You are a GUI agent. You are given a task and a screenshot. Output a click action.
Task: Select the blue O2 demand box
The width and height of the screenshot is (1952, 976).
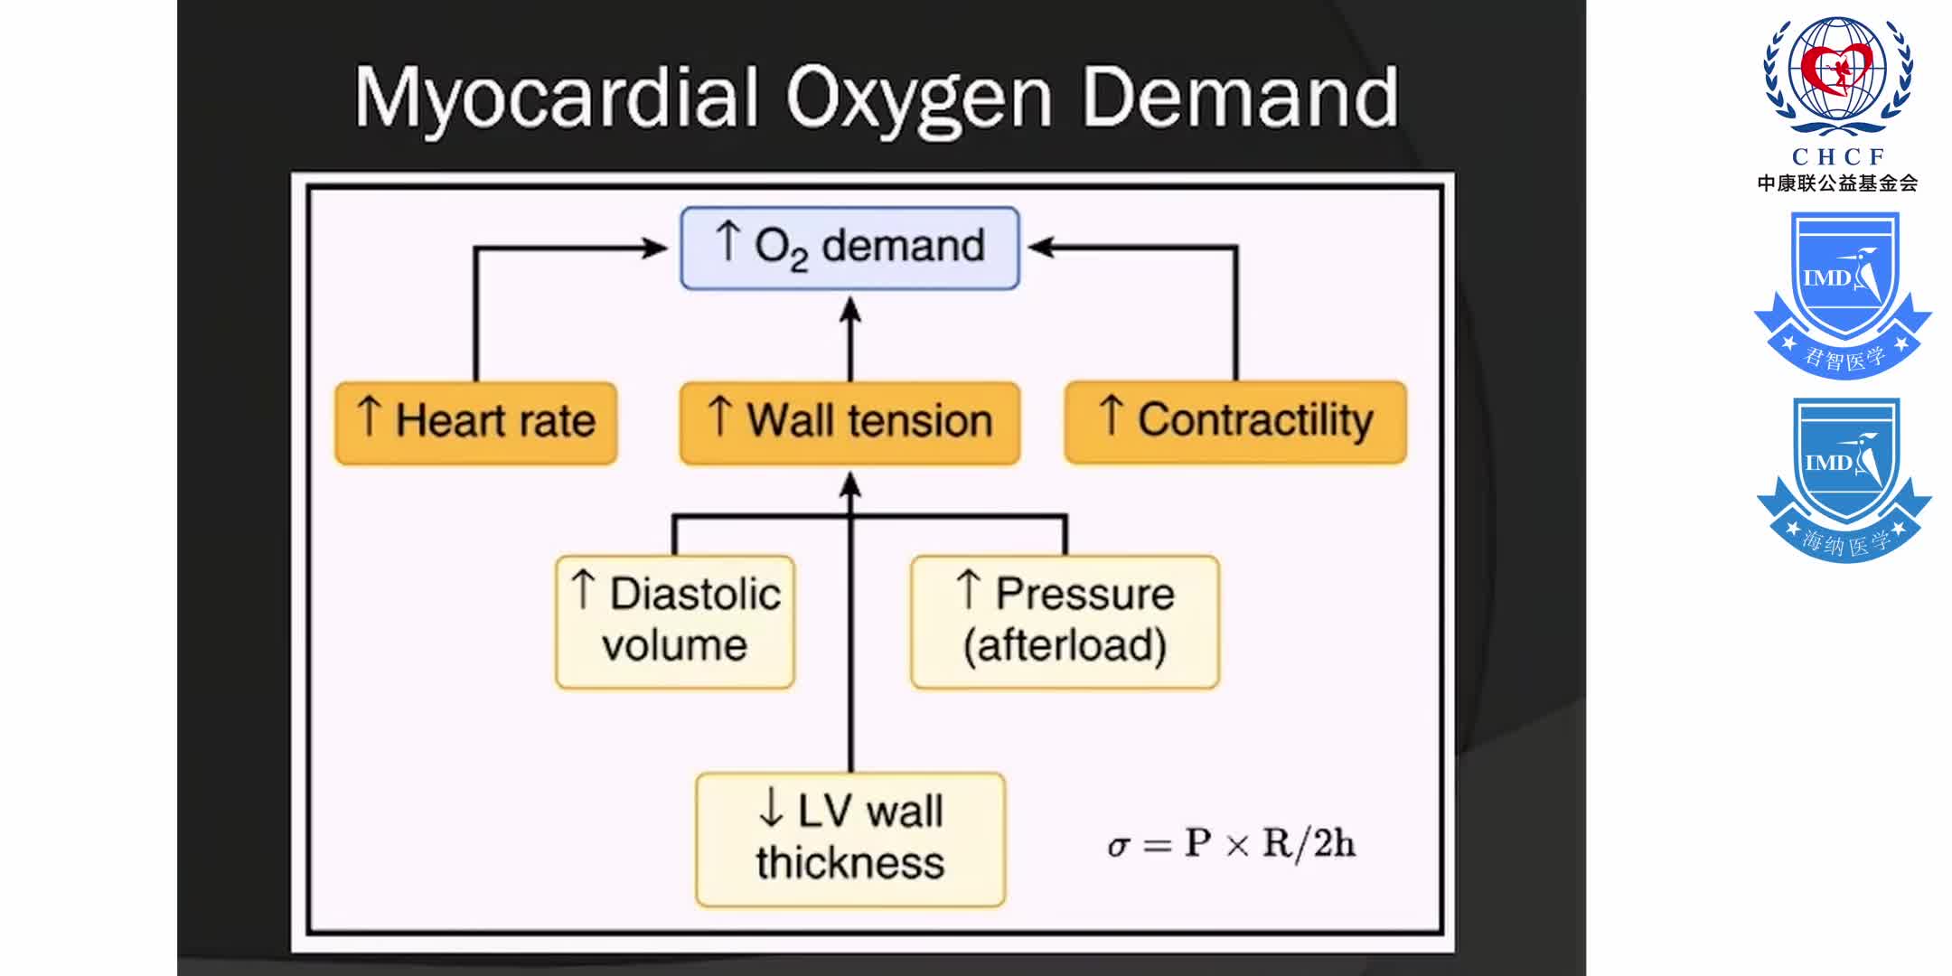pos(849,248)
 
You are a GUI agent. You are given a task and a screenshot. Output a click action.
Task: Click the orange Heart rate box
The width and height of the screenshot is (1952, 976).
pos(475,422)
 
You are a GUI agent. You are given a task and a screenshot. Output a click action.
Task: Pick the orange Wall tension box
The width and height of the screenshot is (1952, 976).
pos(849,422)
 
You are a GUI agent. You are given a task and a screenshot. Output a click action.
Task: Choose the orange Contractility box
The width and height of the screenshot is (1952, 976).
pos(1235,422)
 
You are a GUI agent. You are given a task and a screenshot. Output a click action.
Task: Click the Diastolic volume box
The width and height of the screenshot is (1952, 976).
pos(675,622)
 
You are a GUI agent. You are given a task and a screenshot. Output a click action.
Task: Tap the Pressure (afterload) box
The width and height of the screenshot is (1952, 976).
pos(1065,622)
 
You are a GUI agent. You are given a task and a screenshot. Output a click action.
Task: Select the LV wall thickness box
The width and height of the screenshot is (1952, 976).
pos(849,839)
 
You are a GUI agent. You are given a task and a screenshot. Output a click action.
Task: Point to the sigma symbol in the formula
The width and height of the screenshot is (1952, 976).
pos(1118,846)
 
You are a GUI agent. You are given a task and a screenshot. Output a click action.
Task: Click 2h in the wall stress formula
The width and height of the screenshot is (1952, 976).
pos(1334,843)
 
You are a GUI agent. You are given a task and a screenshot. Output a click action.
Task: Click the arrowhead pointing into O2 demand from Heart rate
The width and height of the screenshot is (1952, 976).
pos(656,248)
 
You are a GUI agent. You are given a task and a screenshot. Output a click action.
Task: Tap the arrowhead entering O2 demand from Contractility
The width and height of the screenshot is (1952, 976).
pos(1041,247)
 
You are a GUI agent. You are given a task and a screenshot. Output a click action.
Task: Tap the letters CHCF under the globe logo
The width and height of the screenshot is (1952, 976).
pos(1838,156)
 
